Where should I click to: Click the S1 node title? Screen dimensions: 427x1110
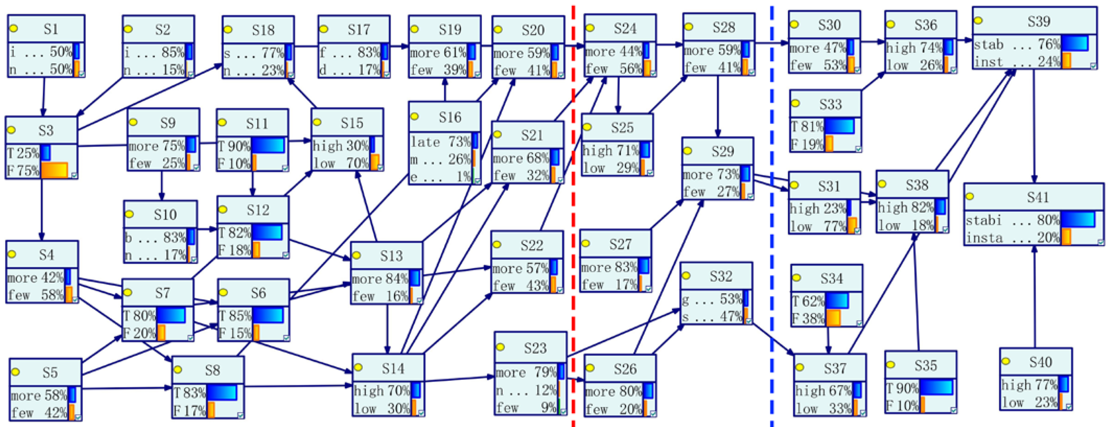tap(50, 29)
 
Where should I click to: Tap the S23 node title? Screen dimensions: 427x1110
tap(535, 348)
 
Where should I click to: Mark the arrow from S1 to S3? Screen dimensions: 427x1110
tap(43, 97)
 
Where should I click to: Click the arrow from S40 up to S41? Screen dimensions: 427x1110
tap(1034, 298)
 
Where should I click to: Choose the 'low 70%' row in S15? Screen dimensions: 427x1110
tap(341, 163)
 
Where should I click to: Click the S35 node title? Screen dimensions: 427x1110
tap(925, 365)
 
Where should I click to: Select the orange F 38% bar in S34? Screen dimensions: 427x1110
tap(833, 318)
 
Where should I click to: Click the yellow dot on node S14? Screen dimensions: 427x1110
tap(358, 367)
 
